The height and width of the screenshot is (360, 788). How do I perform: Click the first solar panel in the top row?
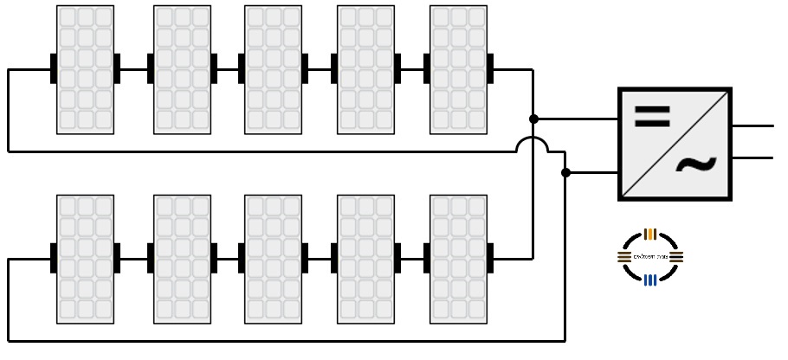[x=85, y=70]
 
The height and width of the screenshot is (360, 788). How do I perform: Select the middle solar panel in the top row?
[x=273, y=70]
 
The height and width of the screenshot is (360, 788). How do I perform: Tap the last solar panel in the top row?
[x=458, y=70]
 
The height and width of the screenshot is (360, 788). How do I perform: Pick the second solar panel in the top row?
[x=182, y=70]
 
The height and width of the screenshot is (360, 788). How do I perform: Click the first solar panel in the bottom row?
[x=85, y=259]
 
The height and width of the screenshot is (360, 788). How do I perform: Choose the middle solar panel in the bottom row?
[x=273, y=259]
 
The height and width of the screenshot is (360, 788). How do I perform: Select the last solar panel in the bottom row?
[x=458, y=259]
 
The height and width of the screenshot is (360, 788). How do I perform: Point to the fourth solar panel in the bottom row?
[x=365, y=259]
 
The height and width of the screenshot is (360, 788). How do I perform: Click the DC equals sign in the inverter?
[x=651, y=117]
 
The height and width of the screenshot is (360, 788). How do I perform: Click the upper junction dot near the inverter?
[x=533, y=119]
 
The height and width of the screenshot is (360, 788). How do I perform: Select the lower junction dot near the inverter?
[x=565, y=173]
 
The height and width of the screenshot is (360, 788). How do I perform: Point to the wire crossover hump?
[x=533, y=143]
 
